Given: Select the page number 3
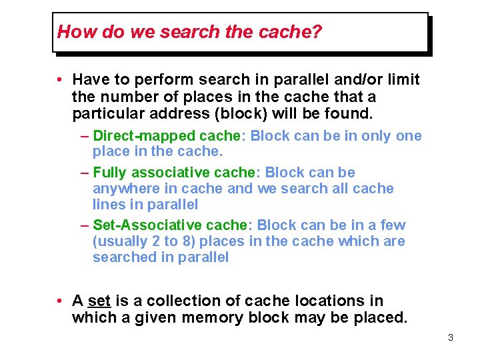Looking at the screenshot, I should (x=451, y=338).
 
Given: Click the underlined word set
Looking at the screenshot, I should (x=99, y=301).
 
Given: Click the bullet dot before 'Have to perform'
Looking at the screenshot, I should (x=60, y=80).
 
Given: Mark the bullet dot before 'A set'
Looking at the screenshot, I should (x=60, y=301).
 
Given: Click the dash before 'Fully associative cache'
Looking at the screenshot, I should (x=84, y=173).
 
